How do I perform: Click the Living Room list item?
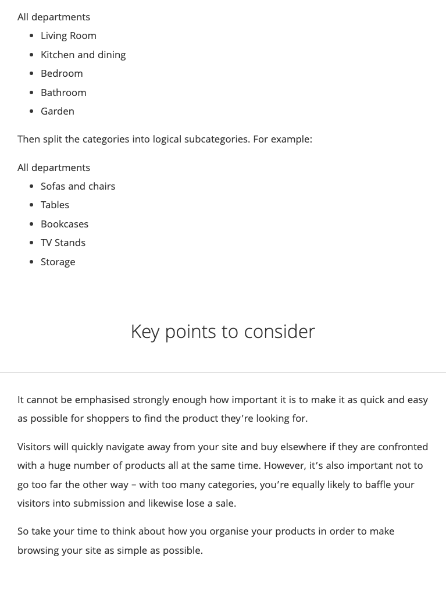68,35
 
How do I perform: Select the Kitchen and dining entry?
83,55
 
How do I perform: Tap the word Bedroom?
62,73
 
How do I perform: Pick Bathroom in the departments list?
63,92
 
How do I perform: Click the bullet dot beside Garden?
31,111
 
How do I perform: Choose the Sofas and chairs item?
78,186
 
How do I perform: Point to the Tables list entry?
55,205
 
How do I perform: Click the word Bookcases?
65,224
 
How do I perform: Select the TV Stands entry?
63,243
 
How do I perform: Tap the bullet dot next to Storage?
31,262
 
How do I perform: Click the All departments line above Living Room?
53,17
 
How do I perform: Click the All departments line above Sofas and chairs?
53,168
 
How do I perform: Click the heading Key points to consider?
223,332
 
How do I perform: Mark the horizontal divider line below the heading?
223,372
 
